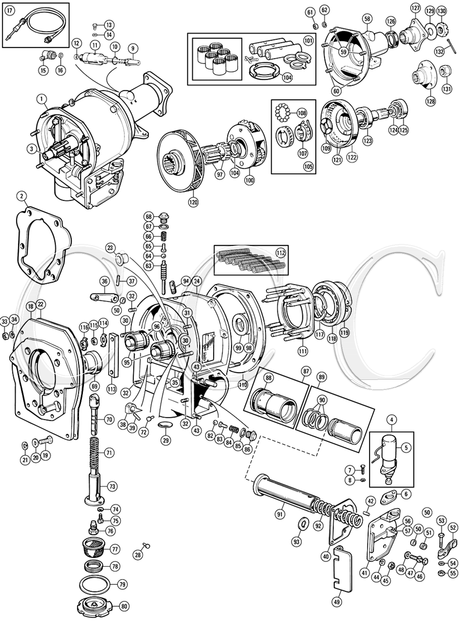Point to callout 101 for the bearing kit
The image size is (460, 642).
coord(308,41)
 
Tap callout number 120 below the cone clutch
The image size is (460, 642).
coord(193,202)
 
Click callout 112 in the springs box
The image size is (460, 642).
coord(280,253)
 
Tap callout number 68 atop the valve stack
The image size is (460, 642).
coord(149,216)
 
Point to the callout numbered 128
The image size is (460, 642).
coord(431,101)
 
